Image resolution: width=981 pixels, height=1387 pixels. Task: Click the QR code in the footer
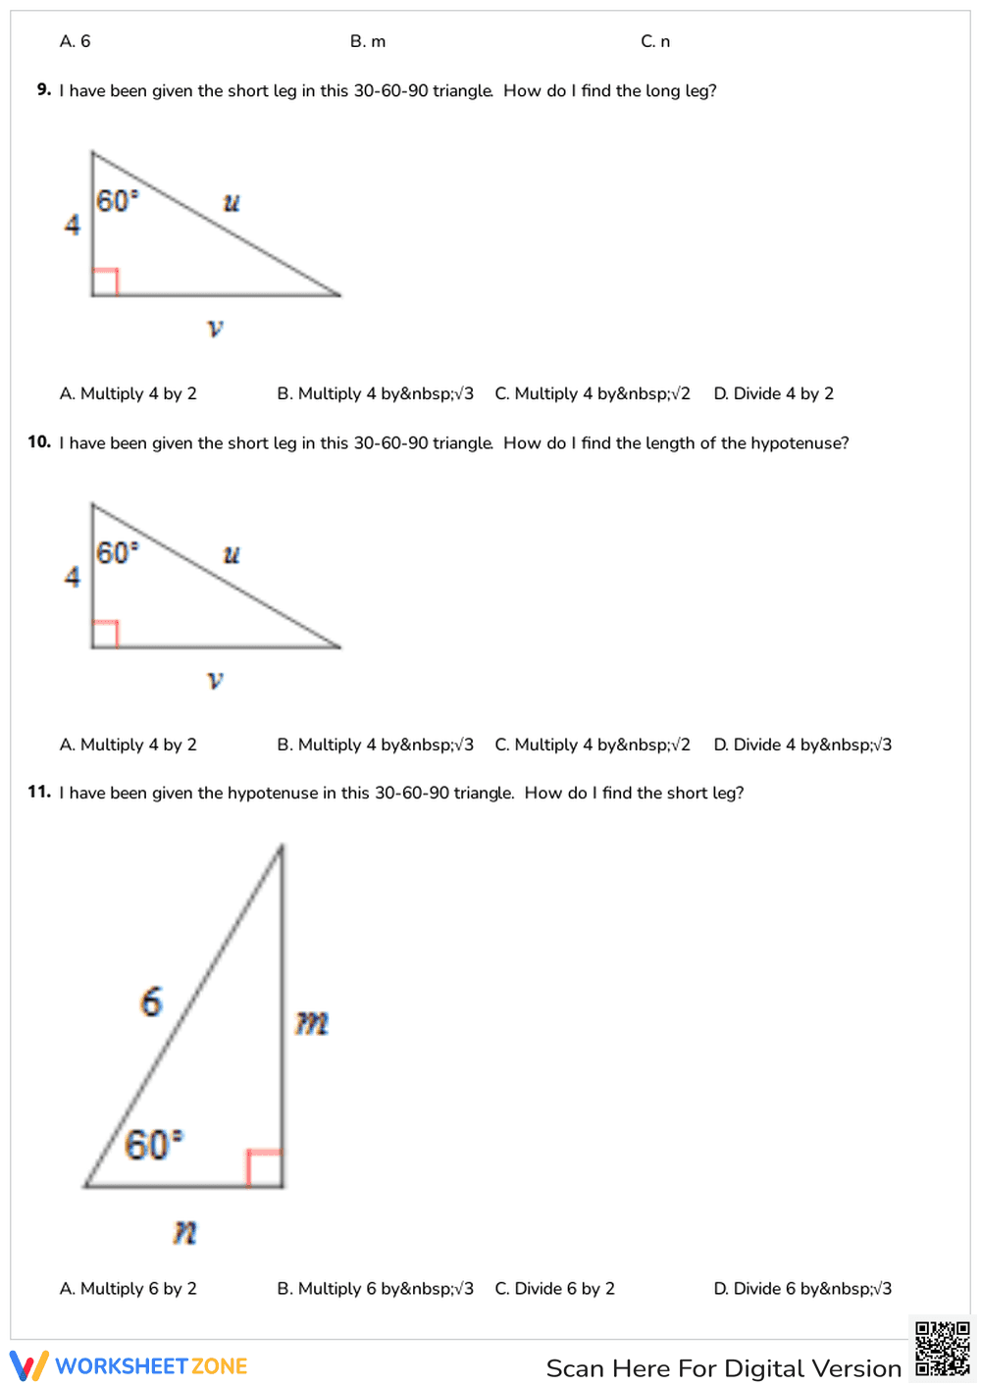pyautogui.click(x=942, y=1350)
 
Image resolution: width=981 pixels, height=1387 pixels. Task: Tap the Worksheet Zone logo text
pyautogui.click(x=151, y=1366)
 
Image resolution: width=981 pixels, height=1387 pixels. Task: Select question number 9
pyautogui.click(x=44, y=89)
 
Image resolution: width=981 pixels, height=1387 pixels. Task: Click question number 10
pyautogui.click(x=39, y=441)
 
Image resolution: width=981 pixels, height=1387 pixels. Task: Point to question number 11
pyautogui.click(x=39, y=792)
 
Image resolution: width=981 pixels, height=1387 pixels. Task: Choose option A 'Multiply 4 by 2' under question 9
pyautogui.click(x=129, y=393)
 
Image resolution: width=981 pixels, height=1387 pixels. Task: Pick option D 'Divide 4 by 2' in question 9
pyautogui.click(x=774, y=393)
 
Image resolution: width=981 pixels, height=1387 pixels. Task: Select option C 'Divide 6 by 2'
pyautogui.click(x=555, y=1288)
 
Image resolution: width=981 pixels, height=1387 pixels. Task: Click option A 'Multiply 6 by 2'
pyautogui.click(x=129, y=1288)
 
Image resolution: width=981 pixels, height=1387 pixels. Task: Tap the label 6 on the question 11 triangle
pyautogui.click(x=151, y=1002)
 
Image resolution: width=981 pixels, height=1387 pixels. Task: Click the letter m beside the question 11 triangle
pyautogui.click(x=312, y=1023)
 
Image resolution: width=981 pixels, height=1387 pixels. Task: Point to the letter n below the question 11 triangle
pyautogui.click(x=184, y=1231)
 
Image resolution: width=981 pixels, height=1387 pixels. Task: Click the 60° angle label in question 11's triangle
pyautogui.click(x=153, y=1145)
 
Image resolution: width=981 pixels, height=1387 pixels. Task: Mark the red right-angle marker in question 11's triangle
pyautogui.click(x=264, y=1167)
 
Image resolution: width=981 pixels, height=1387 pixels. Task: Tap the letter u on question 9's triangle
pyautogui.click(x=232, y=203)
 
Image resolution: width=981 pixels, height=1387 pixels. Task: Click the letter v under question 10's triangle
pyautogui.click(x=216, y=679)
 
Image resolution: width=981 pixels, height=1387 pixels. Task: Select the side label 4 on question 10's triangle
pyautogui.click(x=73, y=577)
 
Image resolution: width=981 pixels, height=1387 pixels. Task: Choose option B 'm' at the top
pyautogui.click(x=368, y=41)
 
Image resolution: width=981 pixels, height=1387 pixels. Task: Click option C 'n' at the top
pyautogui.click(x=655, y=41)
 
